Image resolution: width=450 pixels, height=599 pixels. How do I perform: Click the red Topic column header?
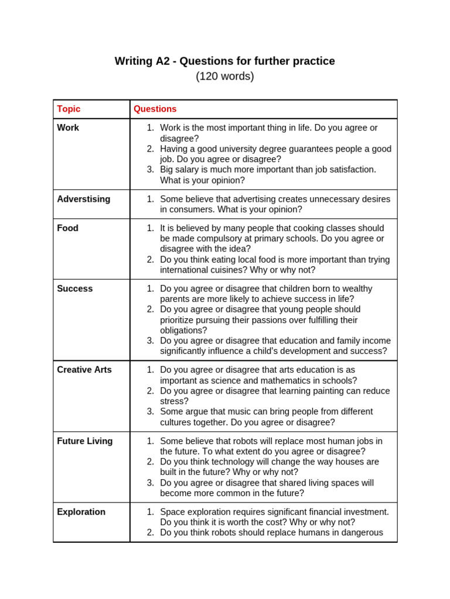pyautogui.click(x=69, y=109)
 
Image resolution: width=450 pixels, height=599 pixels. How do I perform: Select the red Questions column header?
pyautogui.click(x=155, y=109)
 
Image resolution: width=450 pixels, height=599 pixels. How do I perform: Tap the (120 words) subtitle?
pyautogui.click(x=224, y=76)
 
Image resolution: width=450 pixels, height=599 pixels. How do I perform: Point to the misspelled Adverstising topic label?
pyautogui.click(x=83, y=199)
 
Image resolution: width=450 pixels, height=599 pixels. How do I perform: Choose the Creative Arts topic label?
pyautogui.click(x=84, y=370)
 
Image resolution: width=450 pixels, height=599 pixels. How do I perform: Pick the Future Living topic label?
pyautogui.click(x=84, y=441)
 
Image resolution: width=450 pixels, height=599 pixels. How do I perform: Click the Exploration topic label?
pyautogui.click(x=81, y=512)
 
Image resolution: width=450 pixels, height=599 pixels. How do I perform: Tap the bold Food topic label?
pyautogui.click(x=67, y=228)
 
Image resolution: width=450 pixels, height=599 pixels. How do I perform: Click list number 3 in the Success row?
pyautogui.click(x=150, y=340)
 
